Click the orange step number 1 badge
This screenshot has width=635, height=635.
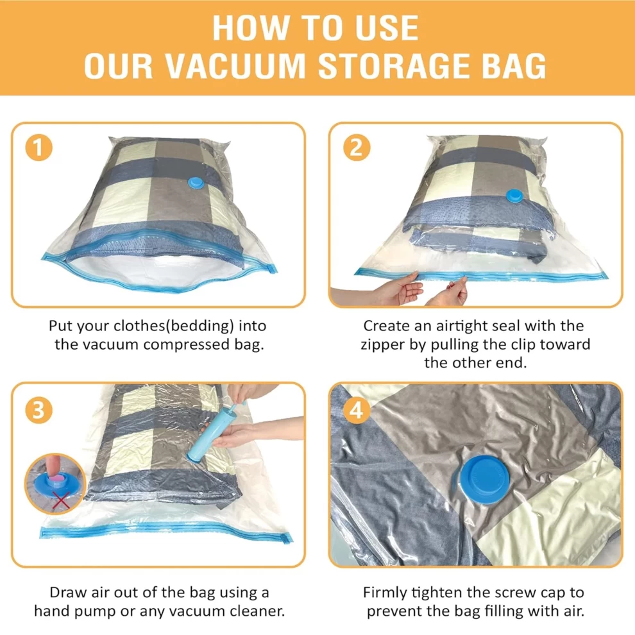[x=38, y=147]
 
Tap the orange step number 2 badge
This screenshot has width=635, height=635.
[x=357, y=147]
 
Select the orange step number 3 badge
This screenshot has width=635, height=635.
[x=38, y=411]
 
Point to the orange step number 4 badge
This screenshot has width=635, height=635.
[x=357, y=411]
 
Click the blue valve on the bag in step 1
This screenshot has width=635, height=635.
[x=197, y=183]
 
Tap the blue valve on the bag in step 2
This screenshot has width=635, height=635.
[x=514, y=196]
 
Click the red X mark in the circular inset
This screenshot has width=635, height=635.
[x=61, y=500]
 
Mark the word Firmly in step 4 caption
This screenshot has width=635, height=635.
[x=385, y=593]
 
